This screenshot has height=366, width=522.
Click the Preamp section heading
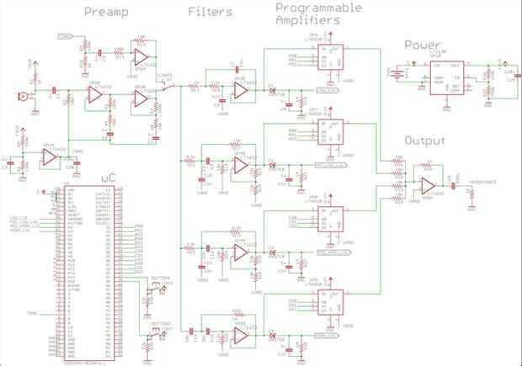107,13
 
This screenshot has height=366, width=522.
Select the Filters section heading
210,13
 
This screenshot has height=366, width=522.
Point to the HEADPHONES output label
483,181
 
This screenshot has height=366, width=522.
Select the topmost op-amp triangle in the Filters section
240,87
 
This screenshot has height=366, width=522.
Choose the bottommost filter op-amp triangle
241,335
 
